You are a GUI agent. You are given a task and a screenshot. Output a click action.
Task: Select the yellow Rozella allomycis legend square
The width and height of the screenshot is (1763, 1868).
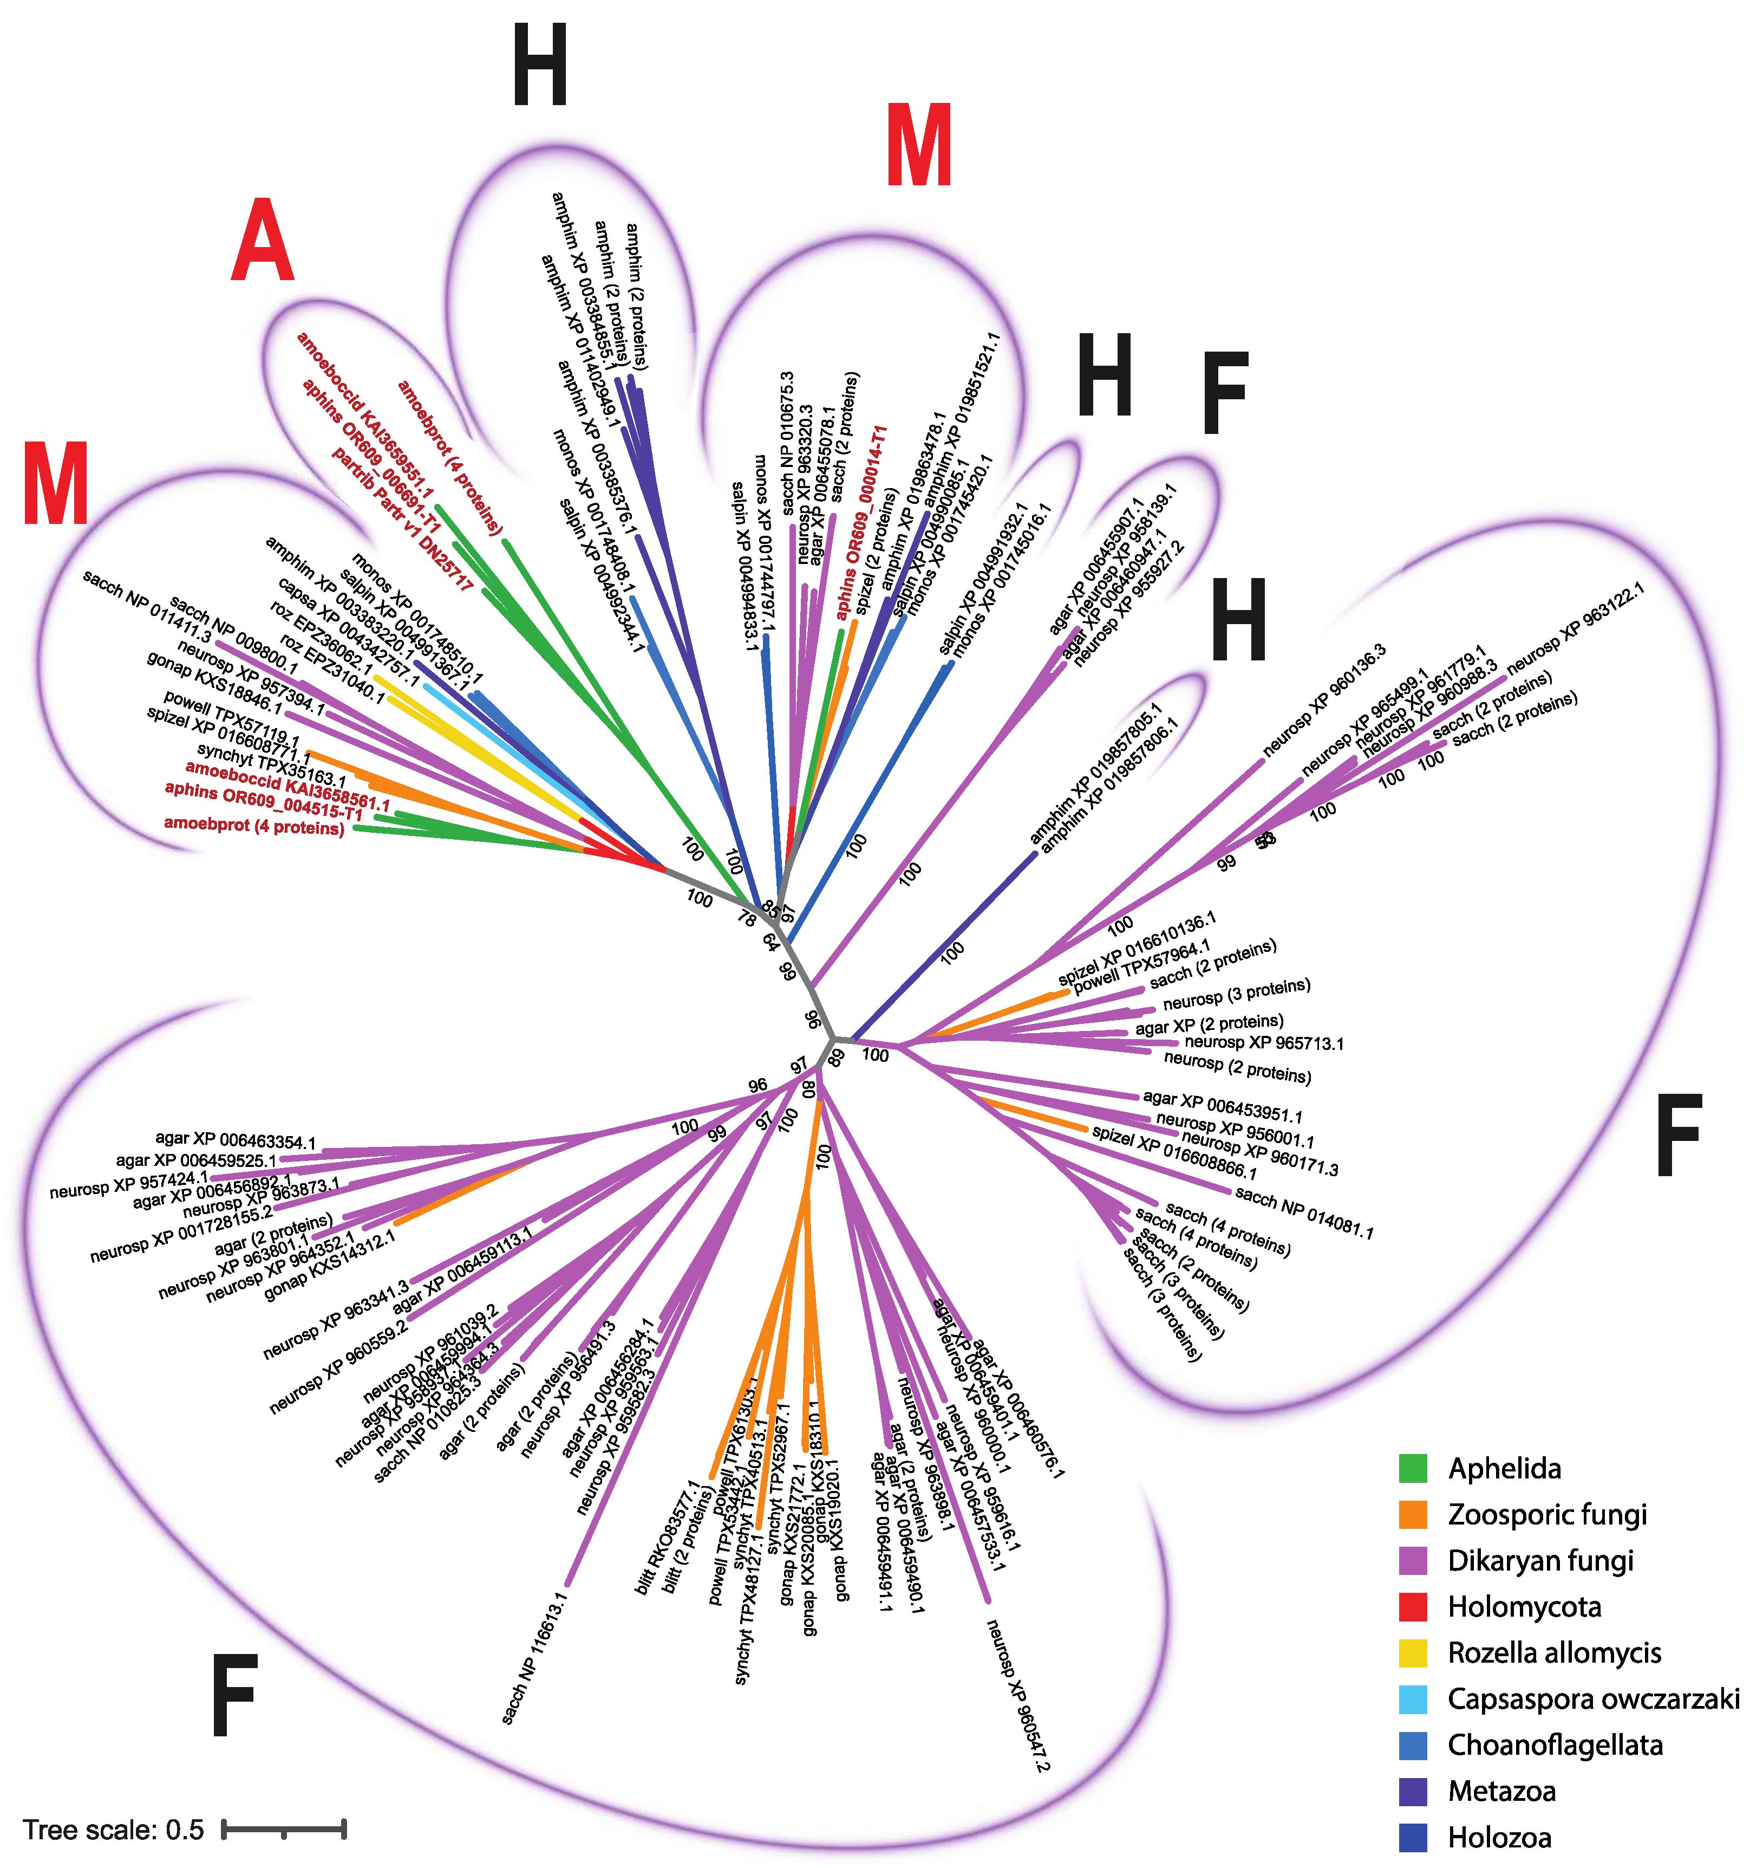(x=1413, y=1653)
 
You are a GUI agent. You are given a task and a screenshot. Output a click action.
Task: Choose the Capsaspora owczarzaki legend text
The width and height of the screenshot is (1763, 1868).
(x=1593, y=1699)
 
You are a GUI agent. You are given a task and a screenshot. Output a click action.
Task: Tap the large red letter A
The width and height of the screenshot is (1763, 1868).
(x=262, y=242)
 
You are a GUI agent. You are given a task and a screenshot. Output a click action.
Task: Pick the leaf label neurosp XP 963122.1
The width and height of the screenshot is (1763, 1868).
(x=1575, y=628)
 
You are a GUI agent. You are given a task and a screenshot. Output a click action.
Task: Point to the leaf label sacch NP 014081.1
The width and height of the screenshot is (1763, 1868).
(x=1304, y=1213)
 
